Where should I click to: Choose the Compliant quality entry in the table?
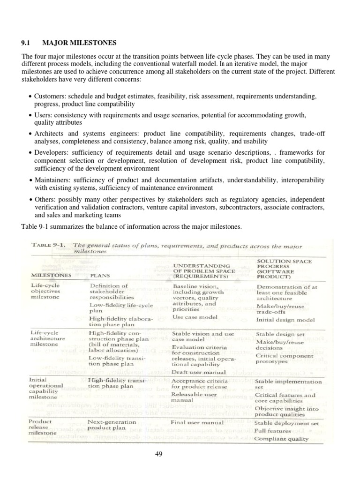[281, 439]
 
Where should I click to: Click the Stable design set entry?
[279, 335]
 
